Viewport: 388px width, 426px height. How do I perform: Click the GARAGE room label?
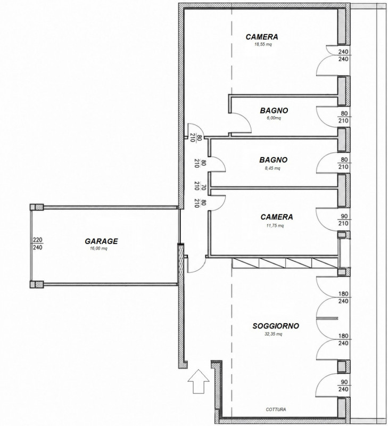tap(101, 241)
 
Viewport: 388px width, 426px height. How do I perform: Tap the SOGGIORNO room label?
tap(276, 326)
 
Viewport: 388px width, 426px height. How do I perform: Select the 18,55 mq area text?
tap(263, 44)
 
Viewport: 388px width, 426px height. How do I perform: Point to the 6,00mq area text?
tap(274, 118)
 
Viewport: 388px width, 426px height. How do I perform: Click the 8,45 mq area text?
tap(273, 168)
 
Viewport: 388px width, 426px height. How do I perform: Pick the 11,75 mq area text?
tap(275, 225)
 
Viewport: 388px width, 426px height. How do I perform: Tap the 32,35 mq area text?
tap(274, 334)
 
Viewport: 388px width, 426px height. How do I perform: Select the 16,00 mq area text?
tap(98, 248)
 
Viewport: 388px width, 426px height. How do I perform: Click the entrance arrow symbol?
tap(199, 381)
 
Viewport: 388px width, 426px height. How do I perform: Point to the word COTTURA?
tap(276, 409)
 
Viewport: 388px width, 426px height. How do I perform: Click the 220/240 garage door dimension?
tap(37, 243)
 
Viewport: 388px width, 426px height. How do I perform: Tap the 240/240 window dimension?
tap(343, 55)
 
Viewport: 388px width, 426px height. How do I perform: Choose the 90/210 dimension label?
tap(343, 220)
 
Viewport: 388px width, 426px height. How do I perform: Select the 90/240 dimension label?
tap(343, 386)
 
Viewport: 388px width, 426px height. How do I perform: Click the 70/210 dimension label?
tap(201, 187)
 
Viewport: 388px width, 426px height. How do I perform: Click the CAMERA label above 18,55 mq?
tap(262, 37)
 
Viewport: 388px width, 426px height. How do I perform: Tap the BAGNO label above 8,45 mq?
tap(273, 160)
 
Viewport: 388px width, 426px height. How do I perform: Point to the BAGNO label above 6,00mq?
tap(274, 111)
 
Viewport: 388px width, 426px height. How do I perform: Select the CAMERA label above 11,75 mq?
tap(277, 217)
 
